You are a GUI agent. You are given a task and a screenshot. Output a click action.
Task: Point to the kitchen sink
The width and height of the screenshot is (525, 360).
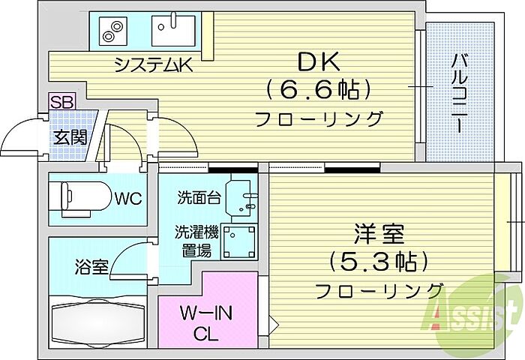pyautogui.click(x=172, y=32)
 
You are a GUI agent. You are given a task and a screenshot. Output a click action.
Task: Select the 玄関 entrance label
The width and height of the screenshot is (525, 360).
pyautogui.click(x=69, y=136)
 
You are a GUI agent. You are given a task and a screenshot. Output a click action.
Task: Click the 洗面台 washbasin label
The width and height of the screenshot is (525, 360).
pyautogui.click(x=199, y=199)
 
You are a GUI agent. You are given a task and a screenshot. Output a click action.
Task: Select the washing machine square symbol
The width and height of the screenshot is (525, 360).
pyautogui.click(x=241, y=241)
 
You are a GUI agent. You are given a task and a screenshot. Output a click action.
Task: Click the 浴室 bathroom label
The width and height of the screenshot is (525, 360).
pyautogui.click(x=91, y=267)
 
